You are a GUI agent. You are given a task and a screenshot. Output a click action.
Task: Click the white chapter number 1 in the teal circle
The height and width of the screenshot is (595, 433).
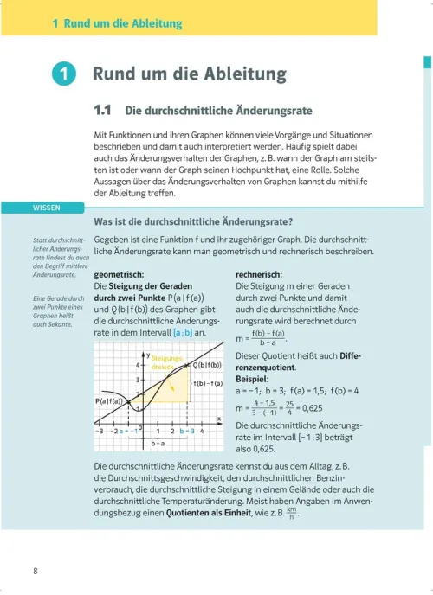[x=63, y=75]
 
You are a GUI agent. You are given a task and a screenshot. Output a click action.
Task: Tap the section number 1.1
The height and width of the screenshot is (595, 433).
[x=105, y=111]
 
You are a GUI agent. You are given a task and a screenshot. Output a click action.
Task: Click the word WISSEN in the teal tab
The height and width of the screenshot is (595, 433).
[x=46, y=208]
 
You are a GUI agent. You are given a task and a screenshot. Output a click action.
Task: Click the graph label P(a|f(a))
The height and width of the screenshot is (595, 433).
[x=107, y=402]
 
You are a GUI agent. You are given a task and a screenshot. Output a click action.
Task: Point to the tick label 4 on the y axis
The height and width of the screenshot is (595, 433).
[x=139, y=365]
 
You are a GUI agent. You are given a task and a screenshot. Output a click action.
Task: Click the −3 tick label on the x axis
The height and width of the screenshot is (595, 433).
[x=100, y=430]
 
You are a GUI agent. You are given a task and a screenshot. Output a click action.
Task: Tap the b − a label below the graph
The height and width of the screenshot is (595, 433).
[x=158, y=444]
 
